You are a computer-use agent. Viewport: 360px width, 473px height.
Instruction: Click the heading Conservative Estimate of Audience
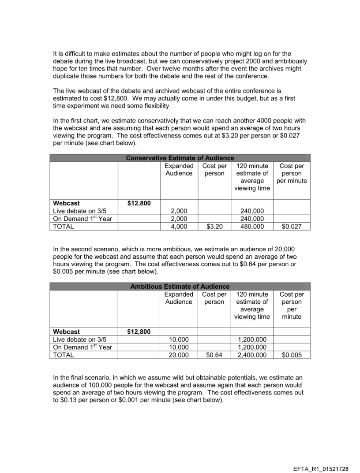point(180,158)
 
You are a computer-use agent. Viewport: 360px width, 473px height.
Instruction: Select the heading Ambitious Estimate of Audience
point(180,287)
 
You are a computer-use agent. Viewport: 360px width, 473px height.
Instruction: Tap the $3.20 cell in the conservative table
point(214,227)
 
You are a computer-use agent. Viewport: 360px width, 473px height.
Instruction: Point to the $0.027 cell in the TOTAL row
point(291,227)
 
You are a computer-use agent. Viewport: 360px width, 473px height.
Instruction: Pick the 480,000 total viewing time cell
point(252,227)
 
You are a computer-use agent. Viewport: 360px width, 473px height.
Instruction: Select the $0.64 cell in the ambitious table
point(214,355)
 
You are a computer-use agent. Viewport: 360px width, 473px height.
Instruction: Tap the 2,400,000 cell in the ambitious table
point(252,355)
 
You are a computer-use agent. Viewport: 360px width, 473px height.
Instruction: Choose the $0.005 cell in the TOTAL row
point(291,355)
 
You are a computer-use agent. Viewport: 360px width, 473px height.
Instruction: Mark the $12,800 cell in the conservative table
point(139,203)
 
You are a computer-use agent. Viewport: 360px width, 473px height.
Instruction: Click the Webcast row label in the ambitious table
point(67,331)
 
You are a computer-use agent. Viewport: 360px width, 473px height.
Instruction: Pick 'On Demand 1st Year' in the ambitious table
point(82,347)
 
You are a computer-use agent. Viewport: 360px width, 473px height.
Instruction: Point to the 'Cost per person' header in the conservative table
point(214,170)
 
